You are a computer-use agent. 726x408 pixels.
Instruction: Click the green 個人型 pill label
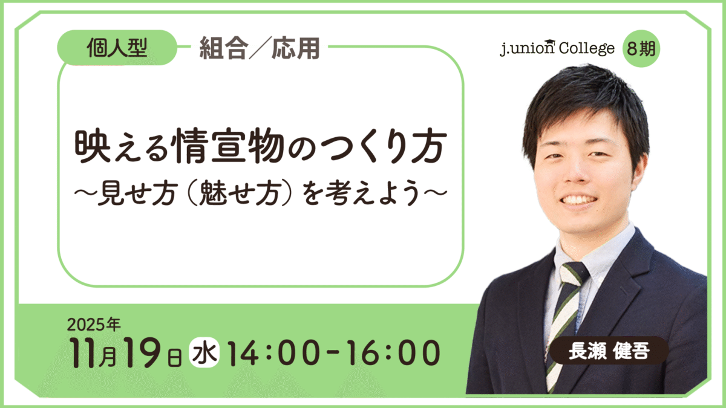pyautogui.click(x=117, y=48)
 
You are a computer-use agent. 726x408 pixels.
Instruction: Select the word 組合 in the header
pyautogui.click(x=224, y=48)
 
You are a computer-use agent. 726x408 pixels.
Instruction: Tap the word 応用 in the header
pyautogui.click(x=296, y=48)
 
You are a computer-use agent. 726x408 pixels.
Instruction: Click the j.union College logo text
pyautogui.click(x=557, y=48)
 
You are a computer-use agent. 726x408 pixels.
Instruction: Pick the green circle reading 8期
pyautogui.click(x=641, y=48)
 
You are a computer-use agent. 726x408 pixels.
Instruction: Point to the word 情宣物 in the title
pyautogui.click(x=229, y=146)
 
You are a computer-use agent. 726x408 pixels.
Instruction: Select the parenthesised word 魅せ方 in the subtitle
pyautogui.click(x=238, y=193)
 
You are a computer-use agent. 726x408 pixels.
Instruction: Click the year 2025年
pyautogui.click(x=94, y=324)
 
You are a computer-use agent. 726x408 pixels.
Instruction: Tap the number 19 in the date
pyautogui.click(x=142, y=352)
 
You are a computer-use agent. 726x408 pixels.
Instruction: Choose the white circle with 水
pyautogui.click(x=204, y=352)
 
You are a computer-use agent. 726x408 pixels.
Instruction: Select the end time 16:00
pyautogui.click(x=393, y=353)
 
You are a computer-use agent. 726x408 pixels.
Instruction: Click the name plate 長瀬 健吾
pyautogui.click(x=609, y=351)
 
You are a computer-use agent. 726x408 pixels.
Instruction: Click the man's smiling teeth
pyautogui.click(x=579, y=199)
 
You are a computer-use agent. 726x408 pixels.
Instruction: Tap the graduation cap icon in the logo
pyautogui.click(x=549, y=42)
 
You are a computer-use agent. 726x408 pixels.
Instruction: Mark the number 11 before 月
pyautogui.click(x=83, y=353)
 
